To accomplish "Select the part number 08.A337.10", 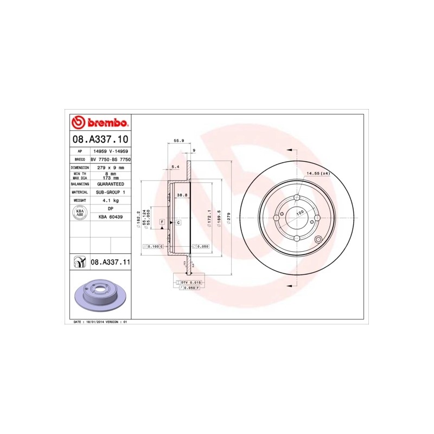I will pos(101,139).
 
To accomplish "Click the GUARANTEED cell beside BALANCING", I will pos(110,184).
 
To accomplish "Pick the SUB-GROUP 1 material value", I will pos(110,192).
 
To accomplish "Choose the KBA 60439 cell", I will pos(110,217).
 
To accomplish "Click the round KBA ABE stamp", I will pos(79,212).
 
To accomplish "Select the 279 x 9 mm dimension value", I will pos(110,168).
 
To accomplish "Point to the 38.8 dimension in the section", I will pos(182,195).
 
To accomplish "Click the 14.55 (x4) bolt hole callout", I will pos(318,173).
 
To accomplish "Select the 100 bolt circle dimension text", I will pos(299,214).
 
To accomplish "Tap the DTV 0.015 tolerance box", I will pos(190,283).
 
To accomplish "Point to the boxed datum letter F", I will pos(162,222).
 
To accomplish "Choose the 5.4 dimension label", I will pos(175,167).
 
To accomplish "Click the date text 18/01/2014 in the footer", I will pos(93,322).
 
